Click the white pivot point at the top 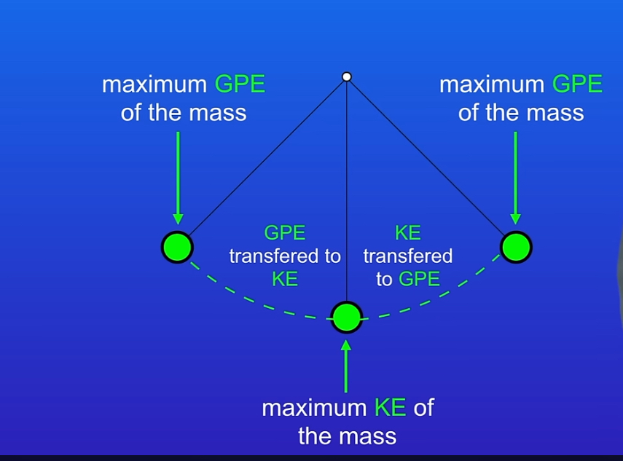(347, 76)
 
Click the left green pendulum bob (177, 247)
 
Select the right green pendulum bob (516, 247)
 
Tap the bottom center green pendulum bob (347, 318)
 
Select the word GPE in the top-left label (240, 85)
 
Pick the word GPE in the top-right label (577, 85)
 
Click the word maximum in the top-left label (154, 85)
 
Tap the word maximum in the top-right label (492, 85)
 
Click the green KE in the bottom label (390, 408)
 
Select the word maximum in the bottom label (315, 408)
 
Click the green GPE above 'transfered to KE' (284, 233)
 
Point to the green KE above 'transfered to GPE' (407, 233)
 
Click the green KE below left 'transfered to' (285, 279)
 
